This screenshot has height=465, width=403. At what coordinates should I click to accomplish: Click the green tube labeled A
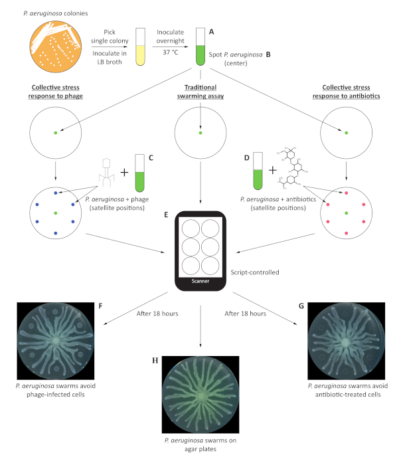coord(199,46)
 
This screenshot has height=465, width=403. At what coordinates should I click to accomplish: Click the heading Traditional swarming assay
coord(201,87)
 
